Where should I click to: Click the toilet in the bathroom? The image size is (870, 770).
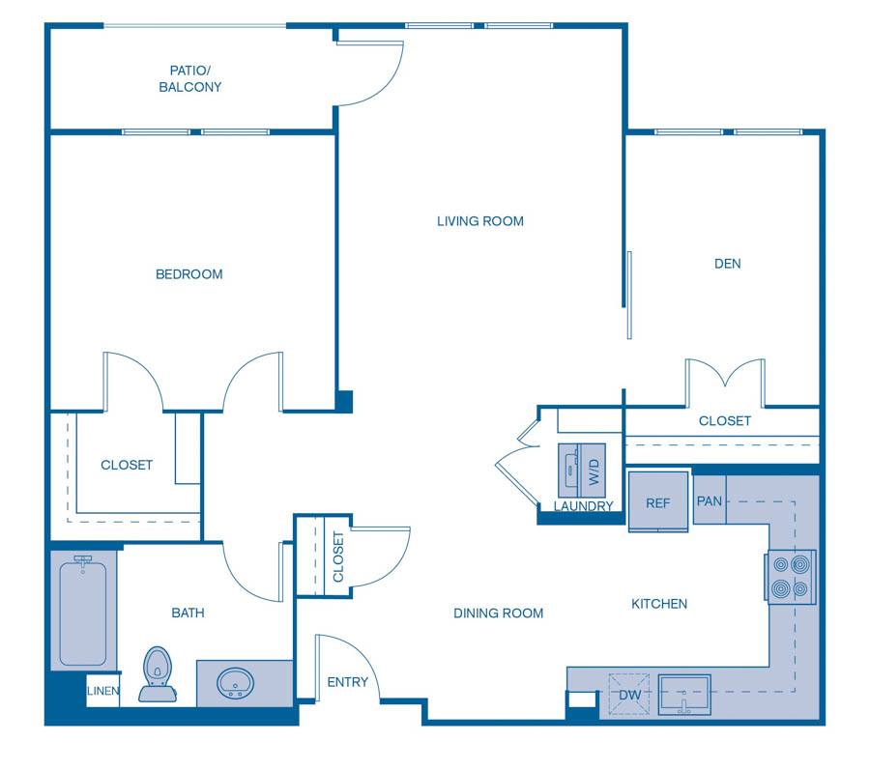[158, 672]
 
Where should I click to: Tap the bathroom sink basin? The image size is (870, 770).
[234, 685]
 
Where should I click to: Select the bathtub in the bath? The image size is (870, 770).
[82, 613]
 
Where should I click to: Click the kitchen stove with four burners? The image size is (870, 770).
[792, 577]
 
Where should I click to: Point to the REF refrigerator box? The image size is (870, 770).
[658, 502]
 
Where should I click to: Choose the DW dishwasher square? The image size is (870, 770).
[628, 695]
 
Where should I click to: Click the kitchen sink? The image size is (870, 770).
[684, 695]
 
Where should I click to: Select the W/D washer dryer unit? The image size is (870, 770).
[582, 471]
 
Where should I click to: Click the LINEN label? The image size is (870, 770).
[103, 692]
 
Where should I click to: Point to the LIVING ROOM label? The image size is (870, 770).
[479, 221]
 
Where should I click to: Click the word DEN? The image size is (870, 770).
[727, 263]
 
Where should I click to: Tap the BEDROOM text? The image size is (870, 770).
[189, 274]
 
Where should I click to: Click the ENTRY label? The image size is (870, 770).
[347, 682]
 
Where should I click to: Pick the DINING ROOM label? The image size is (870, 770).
[498, 613]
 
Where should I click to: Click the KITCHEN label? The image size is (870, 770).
[659, 604]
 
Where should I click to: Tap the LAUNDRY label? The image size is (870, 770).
[583, 506]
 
